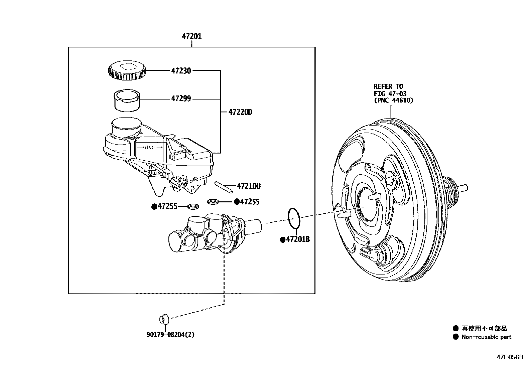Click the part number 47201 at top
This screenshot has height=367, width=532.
[191, 36]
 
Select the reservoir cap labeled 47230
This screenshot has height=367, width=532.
[127, 71]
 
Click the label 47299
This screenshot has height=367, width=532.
[181, 99]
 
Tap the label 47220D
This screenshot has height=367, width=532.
[240, 112]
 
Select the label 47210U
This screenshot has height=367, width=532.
[248, 186]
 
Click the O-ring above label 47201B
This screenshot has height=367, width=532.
[294, 217]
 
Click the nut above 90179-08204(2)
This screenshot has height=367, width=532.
[164, 319]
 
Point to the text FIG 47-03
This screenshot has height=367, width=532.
[390, 94]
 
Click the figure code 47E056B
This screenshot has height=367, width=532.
[510, 357]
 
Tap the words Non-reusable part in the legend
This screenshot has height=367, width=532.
[486, 337]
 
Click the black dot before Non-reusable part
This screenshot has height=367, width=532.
[455, 337]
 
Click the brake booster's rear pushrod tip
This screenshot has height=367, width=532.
[464, 188]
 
